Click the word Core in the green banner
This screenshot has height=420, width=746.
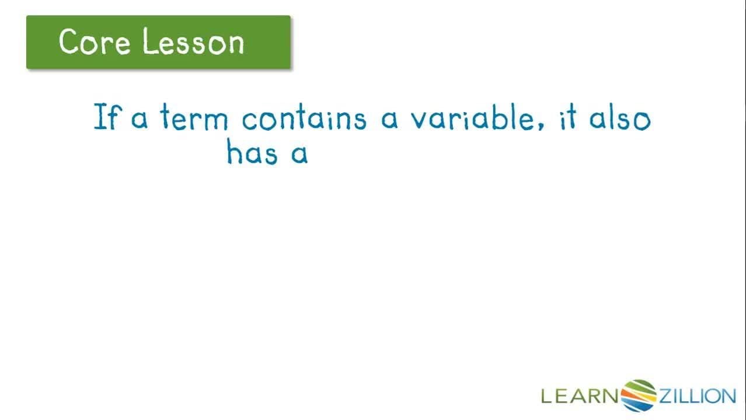coord(93,42)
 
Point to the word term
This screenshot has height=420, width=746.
coord(194,117)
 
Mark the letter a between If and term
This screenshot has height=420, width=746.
coord(140,120)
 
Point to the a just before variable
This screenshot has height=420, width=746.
coord(389,120)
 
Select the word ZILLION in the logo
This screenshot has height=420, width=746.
coord(697,396)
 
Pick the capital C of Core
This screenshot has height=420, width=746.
coord(69,42)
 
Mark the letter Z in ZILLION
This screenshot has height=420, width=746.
coord(667,396)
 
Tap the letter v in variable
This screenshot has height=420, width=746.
coord(419,120)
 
